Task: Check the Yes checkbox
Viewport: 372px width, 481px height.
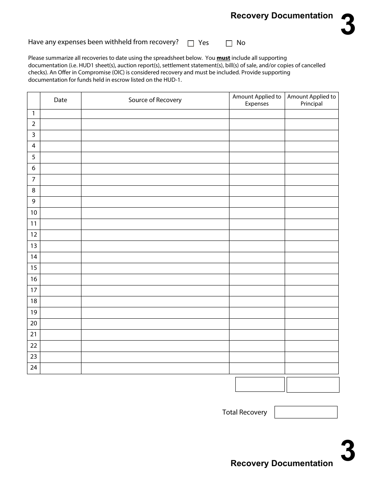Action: pyautogui.click(x=191, y=43)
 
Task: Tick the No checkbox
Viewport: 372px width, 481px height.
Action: pyautogui.click(x=229, y=43)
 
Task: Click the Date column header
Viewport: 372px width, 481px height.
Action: pyautogui.click(x=60, y=100)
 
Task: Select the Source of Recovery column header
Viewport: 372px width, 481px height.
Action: pyautogui.click(x=155, y=100)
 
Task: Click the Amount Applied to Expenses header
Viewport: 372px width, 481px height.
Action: pyautogui.click(x=257, y=100)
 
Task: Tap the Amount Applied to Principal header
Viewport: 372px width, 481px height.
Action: pyautogui.click(x=312, y=100)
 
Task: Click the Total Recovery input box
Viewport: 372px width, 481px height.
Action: pyautogui.click(x=306, y=412)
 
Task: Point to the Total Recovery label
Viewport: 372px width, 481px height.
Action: pyautogui.click(x=244, y=412)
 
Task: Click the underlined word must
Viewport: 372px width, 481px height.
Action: pyautogui.click(x=223, y=58)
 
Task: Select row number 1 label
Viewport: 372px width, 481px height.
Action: pyautogui.click(x=34, y=113)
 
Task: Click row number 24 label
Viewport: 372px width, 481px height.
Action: pyautogui.click(x=34, y=368)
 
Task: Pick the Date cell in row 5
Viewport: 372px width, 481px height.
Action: pyautogui.click(x=60, y=157)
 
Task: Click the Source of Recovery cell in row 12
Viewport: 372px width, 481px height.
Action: pyautogui.click(x=155, y=235)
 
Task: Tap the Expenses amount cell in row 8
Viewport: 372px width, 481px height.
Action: pyautogui.click(x=257, y=190)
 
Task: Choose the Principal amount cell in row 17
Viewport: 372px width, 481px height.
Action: pyautogui.click(x=312, y=290)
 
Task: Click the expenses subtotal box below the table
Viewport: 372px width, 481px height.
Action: pyautogui.click(x=260, y=384)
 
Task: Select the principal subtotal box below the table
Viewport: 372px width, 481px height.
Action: pyautogui.click(x=313, y=385)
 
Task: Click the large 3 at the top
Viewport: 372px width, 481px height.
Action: pyautogui.click(x=348, y=25)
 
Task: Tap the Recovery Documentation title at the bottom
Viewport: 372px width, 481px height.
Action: pyautogui.click(x=282, y=463)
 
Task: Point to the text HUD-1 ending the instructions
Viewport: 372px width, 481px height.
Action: pyautogui.click(x=174, y=79)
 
